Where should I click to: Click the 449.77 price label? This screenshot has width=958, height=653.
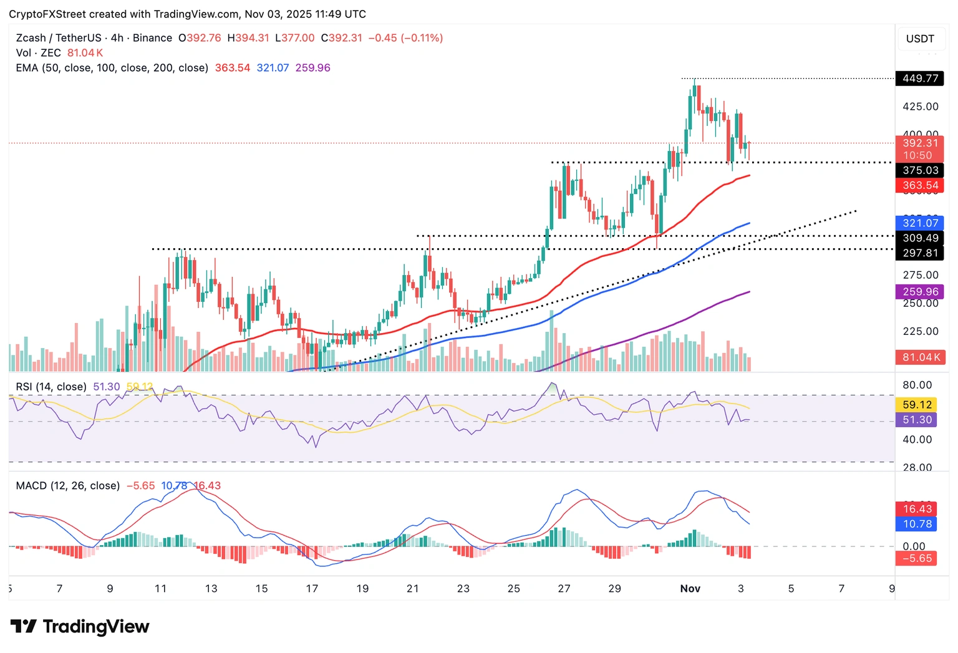pyautogui.click(x=920, y=79)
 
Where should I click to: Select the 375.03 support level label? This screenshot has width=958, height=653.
pyautogui.click(x=920, y=170)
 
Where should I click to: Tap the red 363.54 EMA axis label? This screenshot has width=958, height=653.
pyautogui.click(x=920, y=185)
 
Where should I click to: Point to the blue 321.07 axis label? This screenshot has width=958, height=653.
pyautogui.click(x=920, y=223)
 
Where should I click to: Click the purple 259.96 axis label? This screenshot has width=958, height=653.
pyautogui.click(x=920, y=291)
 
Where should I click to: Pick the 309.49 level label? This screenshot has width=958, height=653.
pyautogui.click(x=920, y=238)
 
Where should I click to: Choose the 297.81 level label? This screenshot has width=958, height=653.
pyautogui.click(x=920, y=253)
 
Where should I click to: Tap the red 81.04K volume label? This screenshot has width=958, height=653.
pyautogui.click(x=920, y=357)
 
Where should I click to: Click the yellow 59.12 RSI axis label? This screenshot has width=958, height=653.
pyautogui.click(x=917, y=405)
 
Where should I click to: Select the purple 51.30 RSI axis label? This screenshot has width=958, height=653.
pyautogui.click(x=917, y=420)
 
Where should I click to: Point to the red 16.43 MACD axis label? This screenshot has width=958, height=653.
pyautogui.click(x=917, y=509)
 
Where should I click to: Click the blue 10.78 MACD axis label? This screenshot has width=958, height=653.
pyautogui.click(x=917, y=524)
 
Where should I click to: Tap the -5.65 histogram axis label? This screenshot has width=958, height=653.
pyautogui.click(x=917, y=558)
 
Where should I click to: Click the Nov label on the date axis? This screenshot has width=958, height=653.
pyautogui.click(x=690, y=588)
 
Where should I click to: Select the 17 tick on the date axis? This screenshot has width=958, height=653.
pyautogui.click(x=312, y=588)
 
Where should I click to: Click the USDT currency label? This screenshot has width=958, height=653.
pyautogui.click(x=920, y=39)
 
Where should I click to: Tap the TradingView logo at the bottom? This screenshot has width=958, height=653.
pyautogui.click(x=80, y=626)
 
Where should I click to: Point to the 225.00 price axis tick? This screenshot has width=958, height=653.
pyautogui.click(x=920, y=331)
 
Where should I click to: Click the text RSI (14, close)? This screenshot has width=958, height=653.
pyautogui.click(x=51, y=387)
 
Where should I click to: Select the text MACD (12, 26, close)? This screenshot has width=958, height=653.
pyautogui.click(x=67, y=485)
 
